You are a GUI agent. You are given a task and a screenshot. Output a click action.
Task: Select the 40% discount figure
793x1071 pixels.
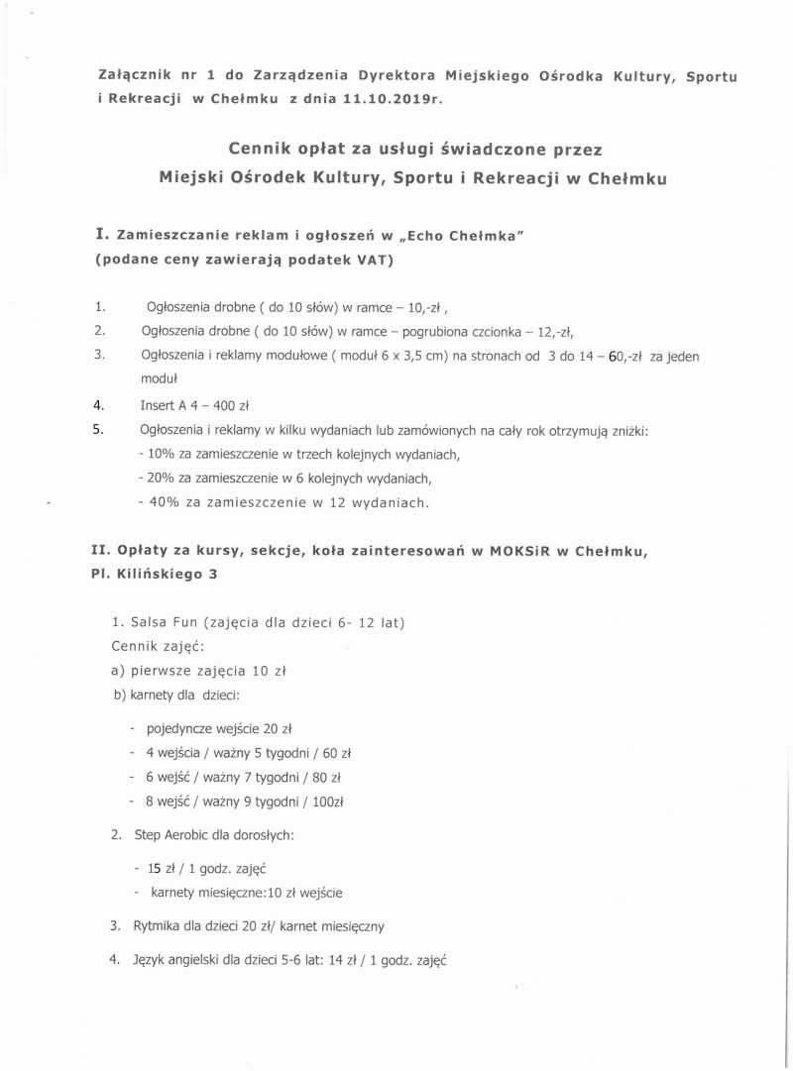pyautogui.click(x=163, y=503)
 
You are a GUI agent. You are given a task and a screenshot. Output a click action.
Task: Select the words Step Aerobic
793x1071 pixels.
pyautogui.click(x=170, y=835)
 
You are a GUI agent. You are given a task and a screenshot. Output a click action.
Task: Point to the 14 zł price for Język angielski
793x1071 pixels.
pyautogui.click(x=334, y=959)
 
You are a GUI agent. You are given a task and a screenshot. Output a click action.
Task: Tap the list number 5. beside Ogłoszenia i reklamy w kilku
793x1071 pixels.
pyautogui.click(x=98, y=430)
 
